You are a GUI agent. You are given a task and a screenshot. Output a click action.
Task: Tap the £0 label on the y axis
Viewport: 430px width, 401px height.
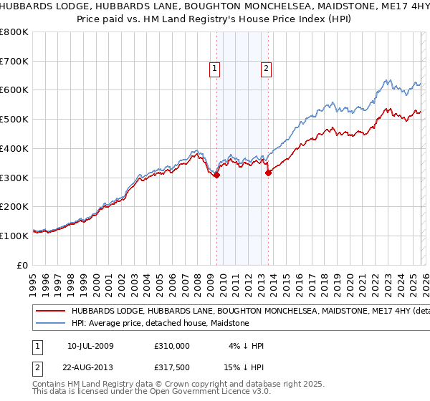[x=22, y=265]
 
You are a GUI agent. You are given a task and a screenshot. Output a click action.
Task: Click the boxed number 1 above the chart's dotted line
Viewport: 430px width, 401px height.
[x=215, y=69]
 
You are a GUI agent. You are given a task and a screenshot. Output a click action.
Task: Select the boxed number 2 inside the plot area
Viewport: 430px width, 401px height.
[x=266, y=69]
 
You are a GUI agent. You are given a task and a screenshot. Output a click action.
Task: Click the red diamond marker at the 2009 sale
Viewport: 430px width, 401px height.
[x=216, y=175]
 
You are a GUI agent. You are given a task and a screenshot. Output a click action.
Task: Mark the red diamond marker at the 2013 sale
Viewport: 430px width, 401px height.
[x=268, y=173]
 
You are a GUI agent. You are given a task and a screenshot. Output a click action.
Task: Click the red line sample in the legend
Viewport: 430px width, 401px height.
[x=49, y=311]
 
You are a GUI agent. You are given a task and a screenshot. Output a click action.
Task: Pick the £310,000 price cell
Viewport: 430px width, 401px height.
[x=171, y=346]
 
